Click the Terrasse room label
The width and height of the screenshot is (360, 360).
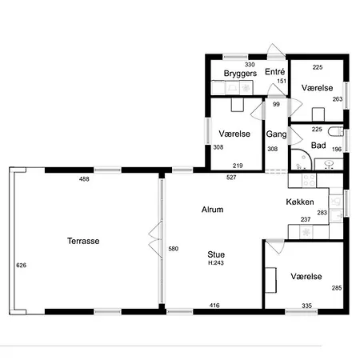(x=83, y=241)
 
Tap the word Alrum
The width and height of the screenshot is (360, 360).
(x=213, y=210)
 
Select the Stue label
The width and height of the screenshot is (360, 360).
(x=216, y=254)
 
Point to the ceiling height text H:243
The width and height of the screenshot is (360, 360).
(x=216, y=263)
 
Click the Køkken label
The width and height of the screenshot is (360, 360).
(x=300, y=202)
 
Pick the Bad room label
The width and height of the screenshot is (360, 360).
(x=318, y=146)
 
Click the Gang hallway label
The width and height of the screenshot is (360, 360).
(x=276, y=134)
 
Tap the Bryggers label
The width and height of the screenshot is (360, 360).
(x=240, y=74)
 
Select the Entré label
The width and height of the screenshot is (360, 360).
(x=275, y=71)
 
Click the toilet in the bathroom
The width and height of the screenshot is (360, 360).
(x=335, y=132)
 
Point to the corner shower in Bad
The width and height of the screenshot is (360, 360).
(x=301, y=159)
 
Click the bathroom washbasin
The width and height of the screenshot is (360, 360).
(x=330, y=163)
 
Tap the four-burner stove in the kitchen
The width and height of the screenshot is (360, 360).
(x=309, y=180)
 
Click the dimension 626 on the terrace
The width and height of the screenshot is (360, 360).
(x=22, y=265)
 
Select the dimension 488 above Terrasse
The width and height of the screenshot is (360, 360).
(x=84, y=179)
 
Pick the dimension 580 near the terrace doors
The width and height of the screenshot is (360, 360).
(x=174, y=249)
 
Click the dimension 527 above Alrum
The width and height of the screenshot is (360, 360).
(x=231, y=178)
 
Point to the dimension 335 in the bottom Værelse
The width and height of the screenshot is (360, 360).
(x=307, y=306)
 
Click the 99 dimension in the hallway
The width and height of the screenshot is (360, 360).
(x=276, y=104)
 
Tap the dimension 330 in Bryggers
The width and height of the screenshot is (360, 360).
(x=250, y=65)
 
